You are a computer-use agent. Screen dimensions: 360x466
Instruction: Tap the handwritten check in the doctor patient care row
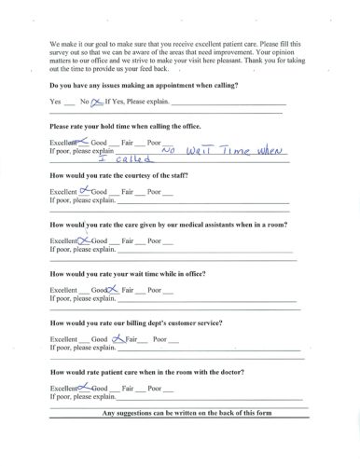pyautogui.click(x=84, y=386)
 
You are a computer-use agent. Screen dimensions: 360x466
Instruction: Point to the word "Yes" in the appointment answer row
pyautogui.click(x=55, y=101)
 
